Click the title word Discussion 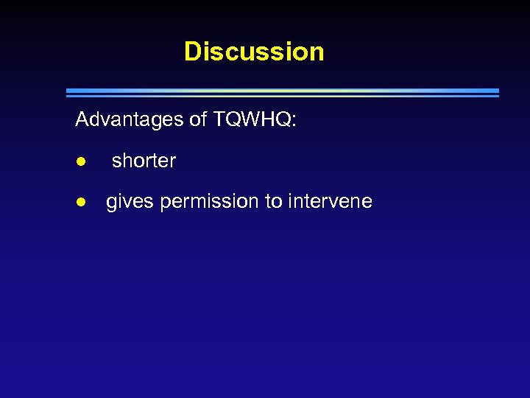click(254, 52)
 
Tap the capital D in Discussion click(192, 52)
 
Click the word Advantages click(130, 119)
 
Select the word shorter click(144, 161)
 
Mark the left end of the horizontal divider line click(68, 92)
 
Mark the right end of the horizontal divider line click(498, 92)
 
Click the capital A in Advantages click(82, 119)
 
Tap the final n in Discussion click(317, 52)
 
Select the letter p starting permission click(165, 203)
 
